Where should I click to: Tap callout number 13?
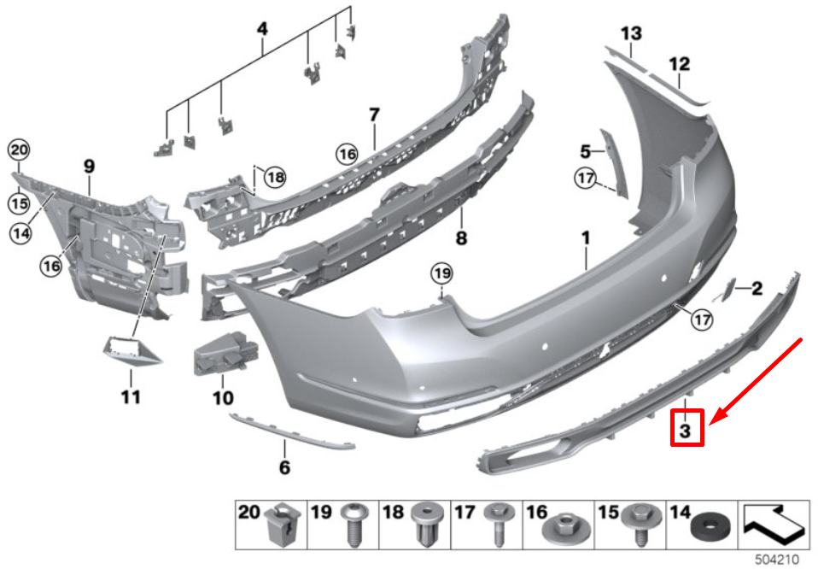[x=631, y=34]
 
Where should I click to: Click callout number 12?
[x=679, y=64]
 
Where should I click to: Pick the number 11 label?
[x=131, y=397]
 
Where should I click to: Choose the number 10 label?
[x=222, y=397]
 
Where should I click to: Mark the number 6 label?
[x=284, y=467]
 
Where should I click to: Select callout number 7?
[x=373, y=114]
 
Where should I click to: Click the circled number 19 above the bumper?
[x=440, y=274]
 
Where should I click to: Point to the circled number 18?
[x=274, y=177]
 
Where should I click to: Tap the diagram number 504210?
[x=775, y=560]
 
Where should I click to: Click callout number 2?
[x=757, y=289]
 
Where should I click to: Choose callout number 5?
[x=586, y=152]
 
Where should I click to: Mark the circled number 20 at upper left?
[x=19, y=150]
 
